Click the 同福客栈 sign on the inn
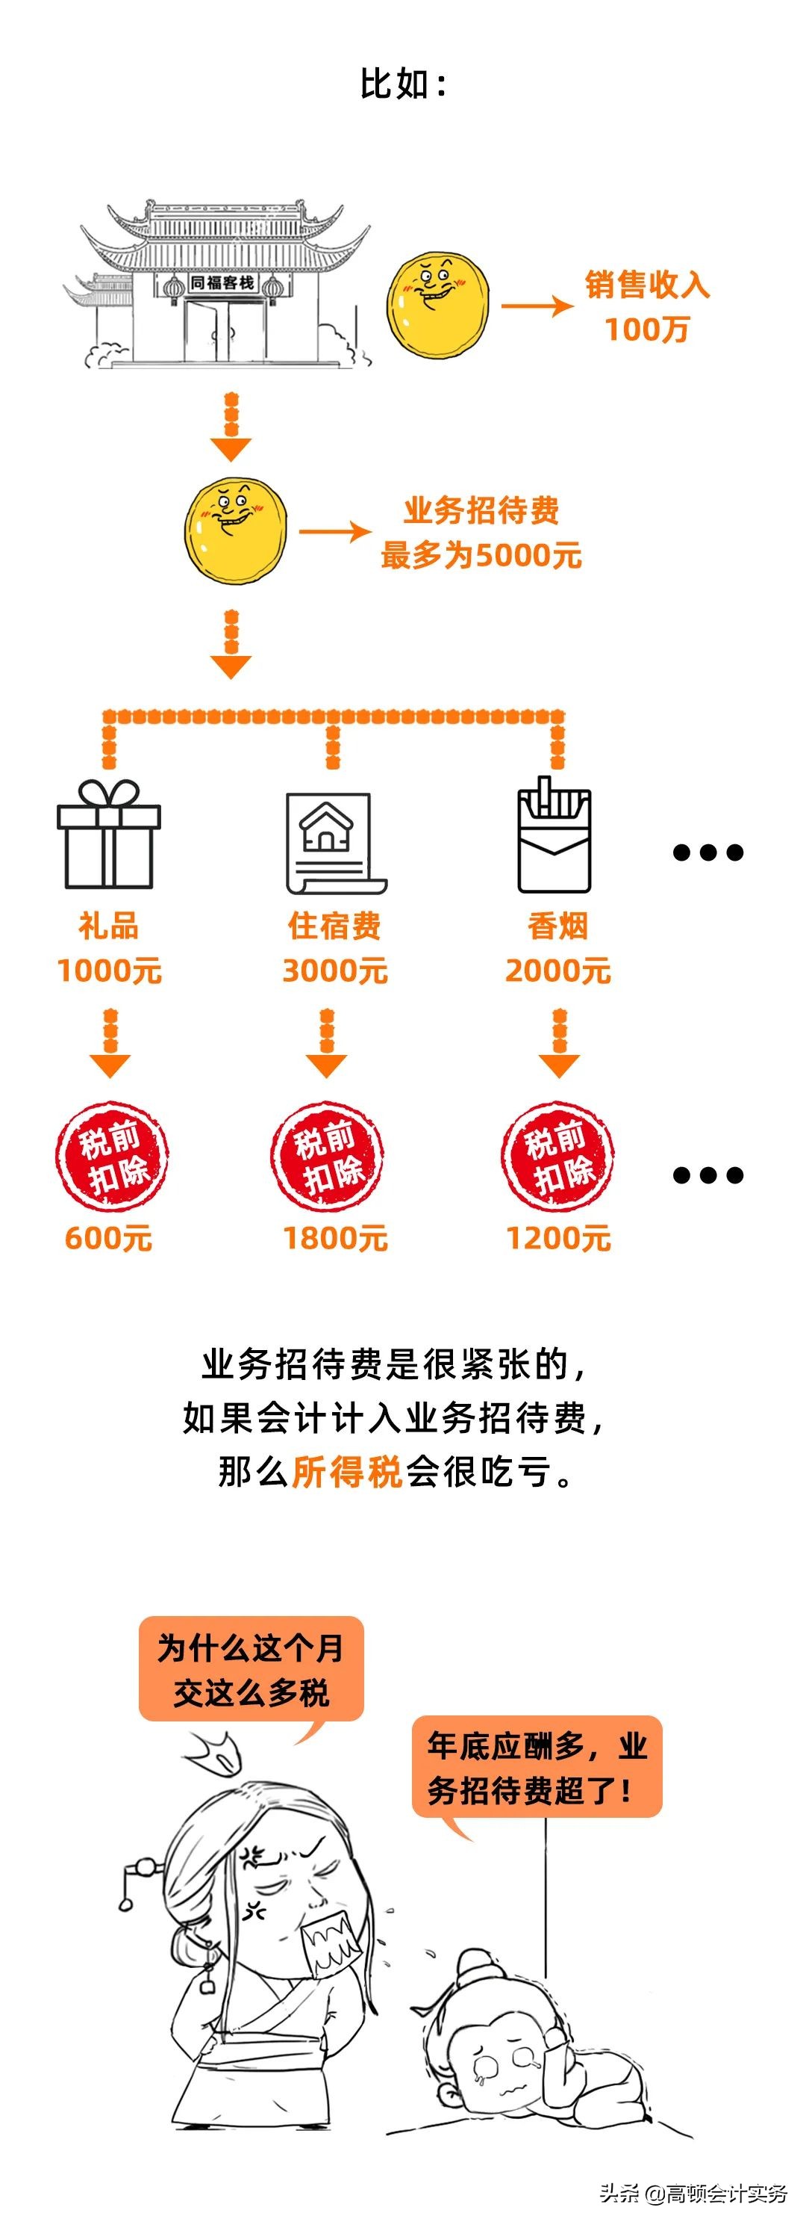click(222, 282)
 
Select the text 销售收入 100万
click(646, 306)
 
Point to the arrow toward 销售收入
click(536, 306)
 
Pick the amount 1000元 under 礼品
click(109, 971)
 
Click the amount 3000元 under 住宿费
click(334, 971)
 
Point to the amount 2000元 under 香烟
click(557, 971)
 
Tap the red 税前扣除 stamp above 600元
click(112, 1157)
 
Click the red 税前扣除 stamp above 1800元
click(327, 1157)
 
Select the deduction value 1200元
click(557, 1239)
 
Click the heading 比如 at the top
click(402, 84)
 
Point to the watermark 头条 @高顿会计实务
click(693, 2193)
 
